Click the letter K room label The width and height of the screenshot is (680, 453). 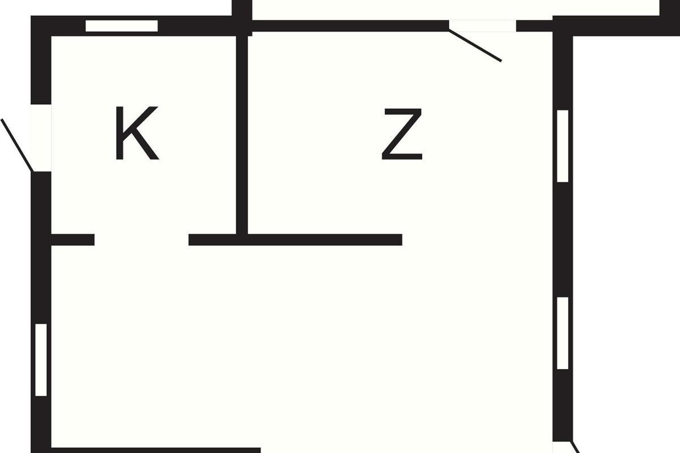point(137,134)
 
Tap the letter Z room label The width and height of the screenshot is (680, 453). point(402,134)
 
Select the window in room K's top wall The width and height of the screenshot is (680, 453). point(121,25)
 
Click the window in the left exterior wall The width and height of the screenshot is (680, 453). point(41,360)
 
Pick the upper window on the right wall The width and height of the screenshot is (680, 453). point(562,146)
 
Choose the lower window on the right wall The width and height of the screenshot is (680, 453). point(562,333)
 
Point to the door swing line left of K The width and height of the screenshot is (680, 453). point(18,145)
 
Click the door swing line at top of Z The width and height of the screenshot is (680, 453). point(475,45)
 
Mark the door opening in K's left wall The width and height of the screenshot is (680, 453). point(41,138)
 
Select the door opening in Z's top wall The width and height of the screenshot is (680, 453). point(482,25)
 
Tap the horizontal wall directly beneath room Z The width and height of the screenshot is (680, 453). point(323,240)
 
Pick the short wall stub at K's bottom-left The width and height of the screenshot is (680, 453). point(73,240)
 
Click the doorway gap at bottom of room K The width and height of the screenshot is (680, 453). point(141,240)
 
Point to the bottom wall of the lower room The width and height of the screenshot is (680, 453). point(156,450)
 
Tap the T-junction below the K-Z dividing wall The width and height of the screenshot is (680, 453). point(242,240)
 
